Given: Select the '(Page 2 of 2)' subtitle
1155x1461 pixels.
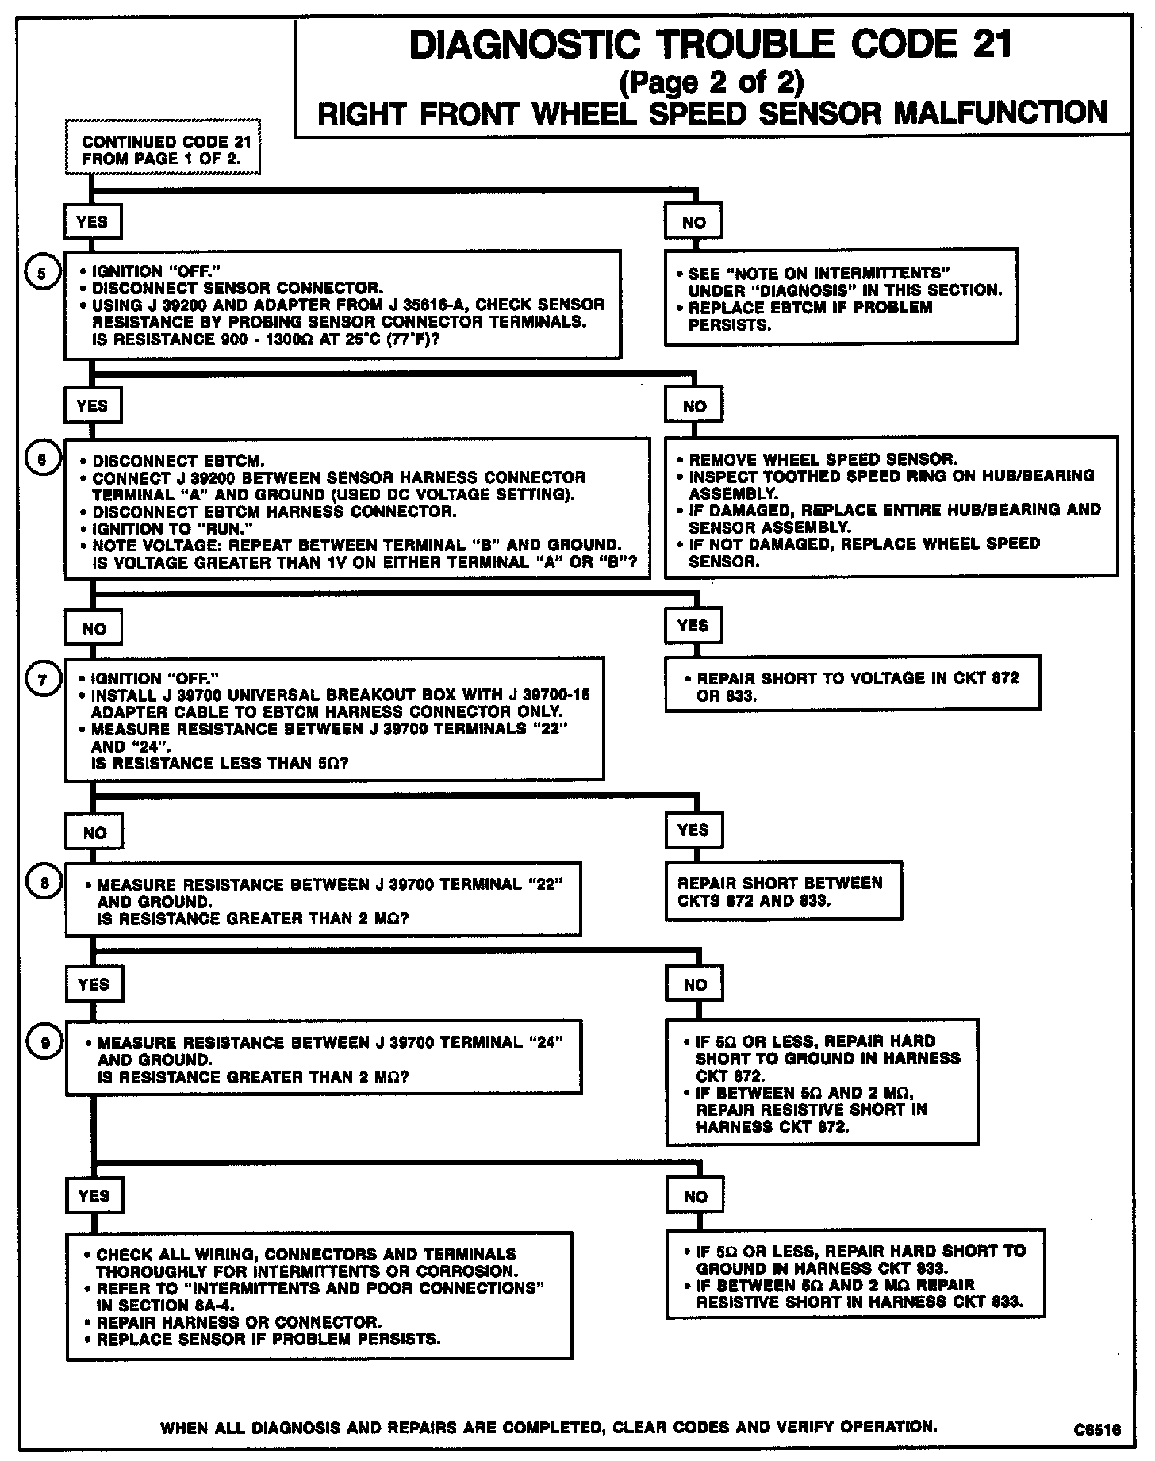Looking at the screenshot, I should pos(710,82).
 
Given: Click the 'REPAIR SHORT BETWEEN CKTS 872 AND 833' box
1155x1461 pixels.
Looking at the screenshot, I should pos(783,892).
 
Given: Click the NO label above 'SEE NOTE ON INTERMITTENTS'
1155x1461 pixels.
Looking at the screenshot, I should pos(693,223).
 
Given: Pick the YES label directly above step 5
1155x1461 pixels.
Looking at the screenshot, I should pos(92,221).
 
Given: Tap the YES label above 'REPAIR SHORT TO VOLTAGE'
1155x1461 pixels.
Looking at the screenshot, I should pos(693,625).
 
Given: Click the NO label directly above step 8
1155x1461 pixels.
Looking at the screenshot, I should pos(94,833).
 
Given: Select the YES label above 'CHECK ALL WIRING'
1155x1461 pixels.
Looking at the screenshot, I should pos(94,1195).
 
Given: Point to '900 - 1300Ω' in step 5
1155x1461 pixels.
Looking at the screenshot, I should pos(235,339).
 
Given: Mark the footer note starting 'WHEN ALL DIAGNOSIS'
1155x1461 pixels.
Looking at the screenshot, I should pos(548,1426).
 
